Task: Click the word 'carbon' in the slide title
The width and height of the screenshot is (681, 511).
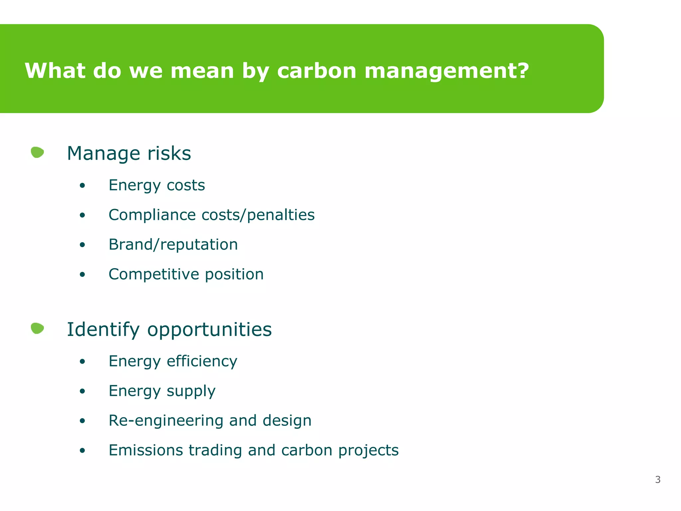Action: [317, 71]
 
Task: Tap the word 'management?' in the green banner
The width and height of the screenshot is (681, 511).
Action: [446, 71]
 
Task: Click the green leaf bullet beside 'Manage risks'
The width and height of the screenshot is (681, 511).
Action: [37, 152]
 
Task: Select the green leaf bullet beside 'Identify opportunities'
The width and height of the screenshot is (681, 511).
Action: [37, 328]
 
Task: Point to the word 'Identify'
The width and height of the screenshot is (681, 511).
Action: [103, 330]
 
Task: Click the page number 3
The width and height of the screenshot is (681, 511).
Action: [657, 480]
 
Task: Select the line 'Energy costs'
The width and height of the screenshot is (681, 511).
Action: [157, 185]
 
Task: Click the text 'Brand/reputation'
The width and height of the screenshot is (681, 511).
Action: [173, 245]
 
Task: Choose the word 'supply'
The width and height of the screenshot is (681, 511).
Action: [191, 391]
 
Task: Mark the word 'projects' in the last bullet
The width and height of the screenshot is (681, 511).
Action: [368, 451]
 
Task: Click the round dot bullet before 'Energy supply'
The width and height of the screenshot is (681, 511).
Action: [82, 391]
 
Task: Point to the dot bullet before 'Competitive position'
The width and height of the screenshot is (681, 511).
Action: [82, 275]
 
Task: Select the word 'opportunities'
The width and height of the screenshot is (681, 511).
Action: [209, 330]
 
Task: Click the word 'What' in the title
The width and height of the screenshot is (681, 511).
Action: [55, 71]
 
